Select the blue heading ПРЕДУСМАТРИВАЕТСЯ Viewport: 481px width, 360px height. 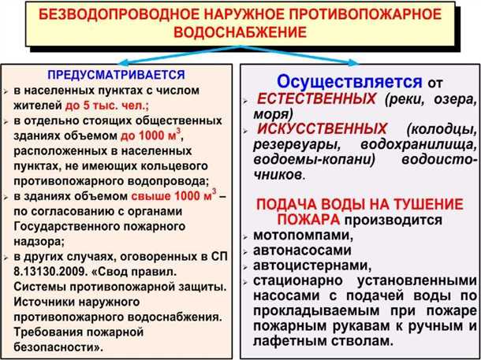pos(116,75)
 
